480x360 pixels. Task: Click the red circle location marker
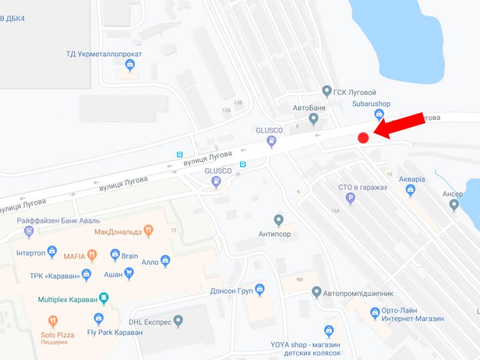pos(363,138)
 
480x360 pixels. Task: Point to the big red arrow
pos(401,126)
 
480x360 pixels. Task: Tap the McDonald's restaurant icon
pos(149,231)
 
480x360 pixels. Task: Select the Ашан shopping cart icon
pos(128,273)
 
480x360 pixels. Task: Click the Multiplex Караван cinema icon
pos(103,298)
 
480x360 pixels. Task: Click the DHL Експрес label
pos(150,322)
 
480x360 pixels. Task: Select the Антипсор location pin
pos(278,220)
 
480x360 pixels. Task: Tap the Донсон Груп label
pos(230,291)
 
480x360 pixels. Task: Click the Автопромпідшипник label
pos(358,293)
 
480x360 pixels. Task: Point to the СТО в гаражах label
pos(363,188)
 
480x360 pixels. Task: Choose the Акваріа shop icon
pos(410,191)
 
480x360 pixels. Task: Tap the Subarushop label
pos(371,104)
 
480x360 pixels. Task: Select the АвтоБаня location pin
pos(313,119)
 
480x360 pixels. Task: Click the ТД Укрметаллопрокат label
pos(104,54)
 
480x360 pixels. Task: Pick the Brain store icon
pos(115,256)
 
